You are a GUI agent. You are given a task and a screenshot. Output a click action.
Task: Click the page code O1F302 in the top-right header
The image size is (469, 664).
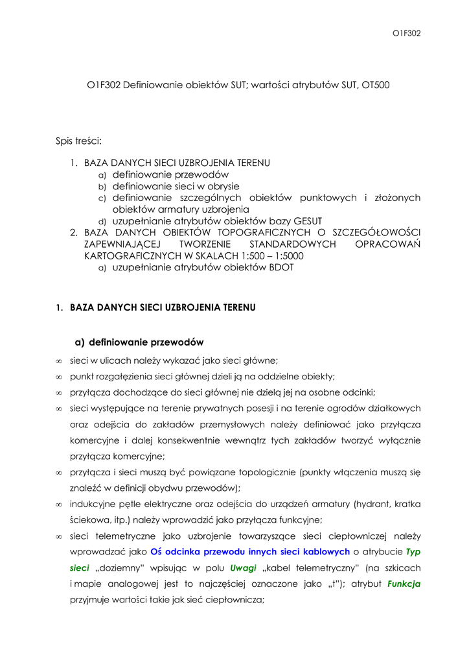[407, 33]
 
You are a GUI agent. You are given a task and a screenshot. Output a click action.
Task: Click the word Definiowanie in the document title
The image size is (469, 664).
[147, 85]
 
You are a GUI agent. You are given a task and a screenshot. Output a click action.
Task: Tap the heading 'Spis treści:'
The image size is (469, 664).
[79, 140]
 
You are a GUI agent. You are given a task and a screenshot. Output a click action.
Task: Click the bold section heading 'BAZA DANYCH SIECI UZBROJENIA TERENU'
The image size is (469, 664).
[163, 307]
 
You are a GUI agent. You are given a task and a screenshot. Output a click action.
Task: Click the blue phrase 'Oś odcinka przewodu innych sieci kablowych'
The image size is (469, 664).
[250, 552]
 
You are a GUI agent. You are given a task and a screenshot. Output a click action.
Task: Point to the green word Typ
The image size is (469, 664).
[413, 552]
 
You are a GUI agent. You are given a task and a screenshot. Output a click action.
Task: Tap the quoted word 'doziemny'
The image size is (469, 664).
[108, 567]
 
